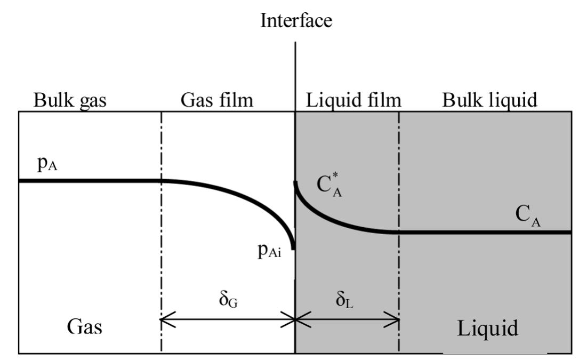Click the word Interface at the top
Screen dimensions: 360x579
click(296, 21)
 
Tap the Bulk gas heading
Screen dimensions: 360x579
click(70, 100)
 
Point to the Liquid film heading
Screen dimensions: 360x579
click(353, 100)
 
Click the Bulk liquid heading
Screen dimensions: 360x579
click(489, 100)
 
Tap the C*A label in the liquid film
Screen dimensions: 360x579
click(330, 185)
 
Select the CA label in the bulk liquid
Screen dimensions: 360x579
click(528, 216)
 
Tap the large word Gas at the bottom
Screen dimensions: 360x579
click(85, 326)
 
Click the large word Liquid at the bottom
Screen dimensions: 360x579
click(487, 327)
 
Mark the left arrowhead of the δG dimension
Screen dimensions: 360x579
click(165, 320)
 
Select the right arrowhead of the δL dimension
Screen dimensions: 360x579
click(396, 320)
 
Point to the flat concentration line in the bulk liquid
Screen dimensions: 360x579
click(480, 232)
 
